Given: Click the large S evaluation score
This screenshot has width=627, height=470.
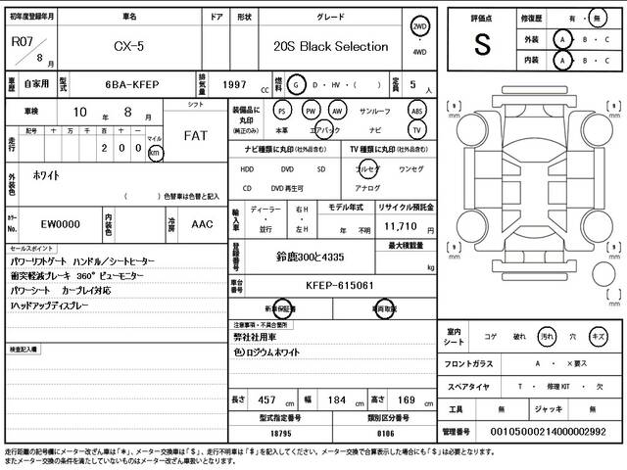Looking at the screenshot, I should pos(482,43).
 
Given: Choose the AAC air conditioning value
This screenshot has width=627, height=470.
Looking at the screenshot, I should pos(202,224).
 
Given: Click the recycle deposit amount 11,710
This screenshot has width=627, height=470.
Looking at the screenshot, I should pos(399,225).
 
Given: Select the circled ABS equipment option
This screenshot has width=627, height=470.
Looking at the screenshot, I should pos(416,111).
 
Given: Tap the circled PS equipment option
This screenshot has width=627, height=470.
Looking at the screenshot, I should pos(282,111).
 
